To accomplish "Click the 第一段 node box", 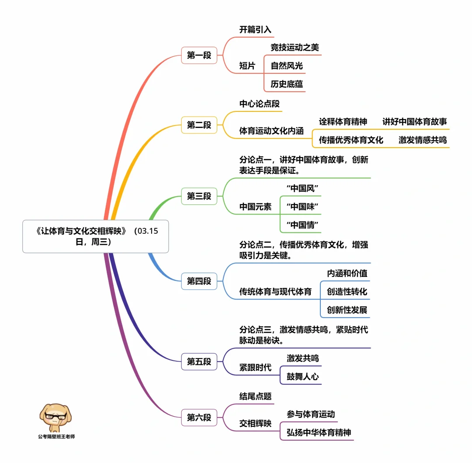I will [199, 55].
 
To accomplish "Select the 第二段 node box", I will [199, 125].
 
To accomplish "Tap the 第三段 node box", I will [199, 196].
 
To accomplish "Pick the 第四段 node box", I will [199, 281].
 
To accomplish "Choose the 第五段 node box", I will [199, 361].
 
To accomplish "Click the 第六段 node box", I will [199, 417].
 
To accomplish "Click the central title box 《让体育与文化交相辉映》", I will [95, 236].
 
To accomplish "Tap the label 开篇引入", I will [255, 30].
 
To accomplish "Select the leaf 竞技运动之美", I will [295, 48].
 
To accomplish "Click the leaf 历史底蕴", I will [287, 84].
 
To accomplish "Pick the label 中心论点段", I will [259, 104].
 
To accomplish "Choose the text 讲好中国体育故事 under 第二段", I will [415, 121].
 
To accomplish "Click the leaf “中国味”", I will [302, 206].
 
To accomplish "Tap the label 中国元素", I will [255, 207].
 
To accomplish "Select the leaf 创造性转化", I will [347, 291].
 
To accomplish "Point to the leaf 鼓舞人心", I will [302, 376].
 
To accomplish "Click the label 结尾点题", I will [255, 396].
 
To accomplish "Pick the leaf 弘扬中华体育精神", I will [319, 432].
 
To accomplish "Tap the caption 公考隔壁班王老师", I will [56, 436].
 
